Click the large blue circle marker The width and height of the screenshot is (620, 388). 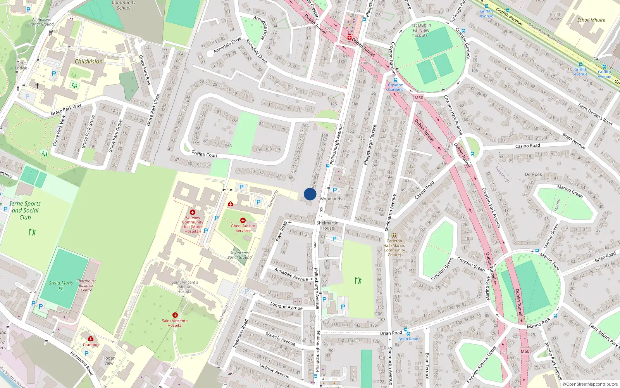point(310,194)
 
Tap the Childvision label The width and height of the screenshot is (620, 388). point(89,61)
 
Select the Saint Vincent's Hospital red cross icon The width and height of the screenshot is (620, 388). point(175,315)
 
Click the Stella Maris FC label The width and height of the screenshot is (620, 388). point(61,286)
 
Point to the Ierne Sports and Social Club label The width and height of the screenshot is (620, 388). point(25,210)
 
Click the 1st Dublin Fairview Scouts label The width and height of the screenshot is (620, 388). point(421,30)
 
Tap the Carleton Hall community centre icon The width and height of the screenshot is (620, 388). point(394,235)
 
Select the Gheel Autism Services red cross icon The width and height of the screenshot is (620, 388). point(243,220)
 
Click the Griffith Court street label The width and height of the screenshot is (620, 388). point(205,154)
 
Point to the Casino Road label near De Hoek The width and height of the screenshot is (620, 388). point(527,146)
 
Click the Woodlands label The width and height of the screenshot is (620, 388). point(331,199)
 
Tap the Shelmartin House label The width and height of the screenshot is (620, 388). point(327,225)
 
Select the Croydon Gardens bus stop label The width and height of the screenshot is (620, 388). point(395,87)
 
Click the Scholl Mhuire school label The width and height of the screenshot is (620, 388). point(591,20)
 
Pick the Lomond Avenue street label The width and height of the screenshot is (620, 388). point(286,306)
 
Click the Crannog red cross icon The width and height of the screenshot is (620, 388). point(91,338)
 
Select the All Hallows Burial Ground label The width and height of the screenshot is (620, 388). point(41,22)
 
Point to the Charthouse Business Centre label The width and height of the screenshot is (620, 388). point(86,286)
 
